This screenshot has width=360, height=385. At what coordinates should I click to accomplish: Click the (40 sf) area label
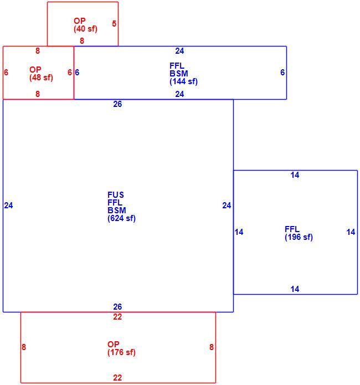pos(85,29)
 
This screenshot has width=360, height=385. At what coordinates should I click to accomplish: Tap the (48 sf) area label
pos(41,78)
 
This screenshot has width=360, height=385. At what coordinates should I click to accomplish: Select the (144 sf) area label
pos(183,81)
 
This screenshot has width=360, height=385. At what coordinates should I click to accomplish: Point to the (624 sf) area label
pos(121,218)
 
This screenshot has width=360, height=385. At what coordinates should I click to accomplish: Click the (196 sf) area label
pos(299,237)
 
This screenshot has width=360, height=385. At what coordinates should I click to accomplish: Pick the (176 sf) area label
pos(121,352)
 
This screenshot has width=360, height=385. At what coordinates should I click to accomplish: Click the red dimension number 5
pos(114,24)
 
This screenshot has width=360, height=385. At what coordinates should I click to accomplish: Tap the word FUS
pos(116,195)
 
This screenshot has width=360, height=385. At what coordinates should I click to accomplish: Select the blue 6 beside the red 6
pos(77,73)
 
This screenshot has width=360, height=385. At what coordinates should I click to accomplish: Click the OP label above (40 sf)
pos(80,21)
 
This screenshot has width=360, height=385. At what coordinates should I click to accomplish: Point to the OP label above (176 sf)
pos(113,344)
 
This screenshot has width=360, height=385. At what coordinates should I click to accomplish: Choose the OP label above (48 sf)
pos(35,70)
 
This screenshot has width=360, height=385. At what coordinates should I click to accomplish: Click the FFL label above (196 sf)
pos(292,229)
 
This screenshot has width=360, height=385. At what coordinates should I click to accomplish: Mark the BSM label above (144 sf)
pos(179,74)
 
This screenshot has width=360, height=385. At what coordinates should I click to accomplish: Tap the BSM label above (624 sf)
pos(117,211)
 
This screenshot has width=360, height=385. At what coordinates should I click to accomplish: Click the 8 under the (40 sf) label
pos(82,41)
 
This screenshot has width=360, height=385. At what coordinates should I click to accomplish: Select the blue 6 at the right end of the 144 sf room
pos(282,73)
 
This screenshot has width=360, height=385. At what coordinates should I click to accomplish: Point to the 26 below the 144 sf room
pos(117,104)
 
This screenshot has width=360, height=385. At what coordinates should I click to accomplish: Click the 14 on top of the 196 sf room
pos(295,175)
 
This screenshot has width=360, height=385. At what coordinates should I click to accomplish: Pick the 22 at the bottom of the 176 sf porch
pos(117,378)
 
